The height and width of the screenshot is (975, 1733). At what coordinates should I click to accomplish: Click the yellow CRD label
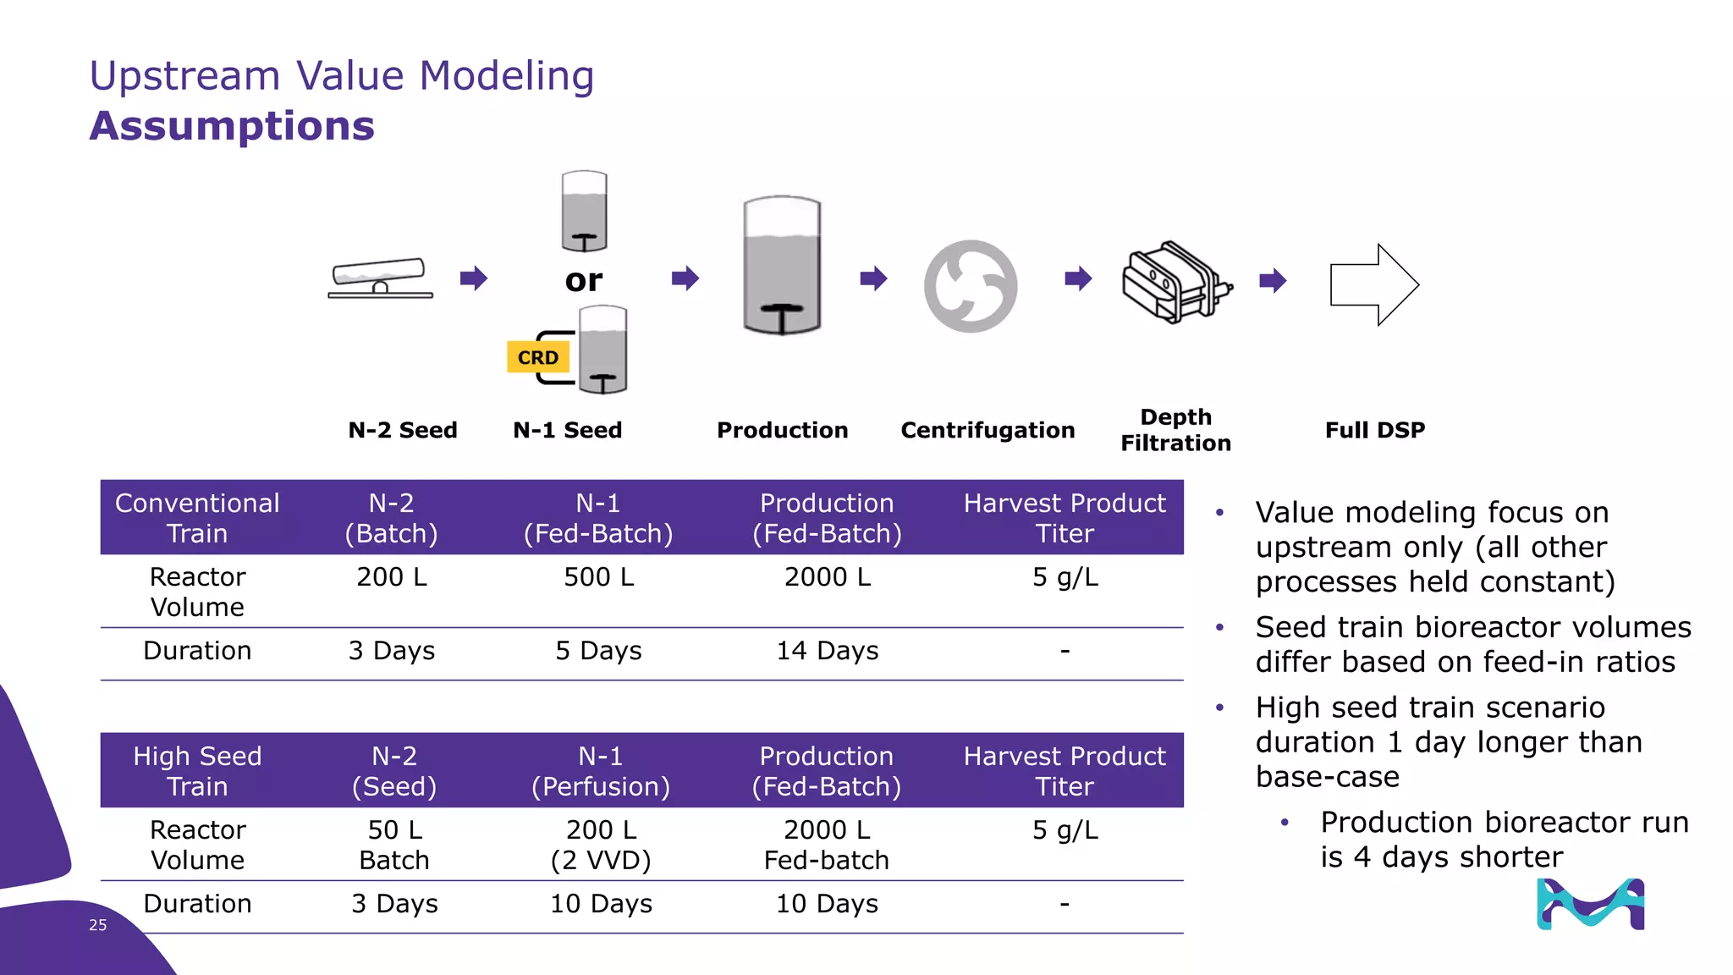pos(537,357)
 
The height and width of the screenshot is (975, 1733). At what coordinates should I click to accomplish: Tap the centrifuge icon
pos(970,286)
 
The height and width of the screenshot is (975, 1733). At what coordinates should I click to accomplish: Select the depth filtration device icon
pos(1175,282)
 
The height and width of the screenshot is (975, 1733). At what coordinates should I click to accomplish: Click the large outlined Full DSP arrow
pos(1373,284)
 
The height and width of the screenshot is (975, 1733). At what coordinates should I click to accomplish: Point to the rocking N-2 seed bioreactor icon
pos(380,278)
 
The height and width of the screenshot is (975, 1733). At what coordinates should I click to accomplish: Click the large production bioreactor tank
pos(782,266)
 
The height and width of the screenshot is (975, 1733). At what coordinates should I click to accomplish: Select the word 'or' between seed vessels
pos(584,280)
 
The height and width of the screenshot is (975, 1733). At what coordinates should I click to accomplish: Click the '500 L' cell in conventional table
pos(598,577)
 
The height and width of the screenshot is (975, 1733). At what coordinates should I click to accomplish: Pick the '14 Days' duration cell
pos(827,651)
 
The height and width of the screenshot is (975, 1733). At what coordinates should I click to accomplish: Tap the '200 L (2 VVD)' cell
pos(601,845)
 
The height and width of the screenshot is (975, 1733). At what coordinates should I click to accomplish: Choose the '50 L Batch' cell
pos(394,845)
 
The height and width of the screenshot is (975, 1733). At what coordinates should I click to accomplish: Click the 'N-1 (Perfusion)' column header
pos(600,771)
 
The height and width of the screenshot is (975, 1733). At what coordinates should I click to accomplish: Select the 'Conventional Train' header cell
pos(197,518)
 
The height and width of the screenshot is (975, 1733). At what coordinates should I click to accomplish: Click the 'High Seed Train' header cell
pos(197,771)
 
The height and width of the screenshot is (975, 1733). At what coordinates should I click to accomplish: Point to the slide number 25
pos(98,925)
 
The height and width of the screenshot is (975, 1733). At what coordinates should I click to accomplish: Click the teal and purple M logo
pos(1590,904)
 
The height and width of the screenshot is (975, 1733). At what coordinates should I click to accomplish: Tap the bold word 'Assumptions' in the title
pos(232,126)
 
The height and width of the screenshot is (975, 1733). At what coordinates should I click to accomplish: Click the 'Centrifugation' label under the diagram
pos(988,430)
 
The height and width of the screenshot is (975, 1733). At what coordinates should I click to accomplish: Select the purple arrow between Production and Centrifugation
pos(873,278)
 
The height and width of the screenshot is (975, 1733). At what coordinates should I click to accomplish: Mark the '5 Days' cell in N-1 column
pos(598,651)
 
